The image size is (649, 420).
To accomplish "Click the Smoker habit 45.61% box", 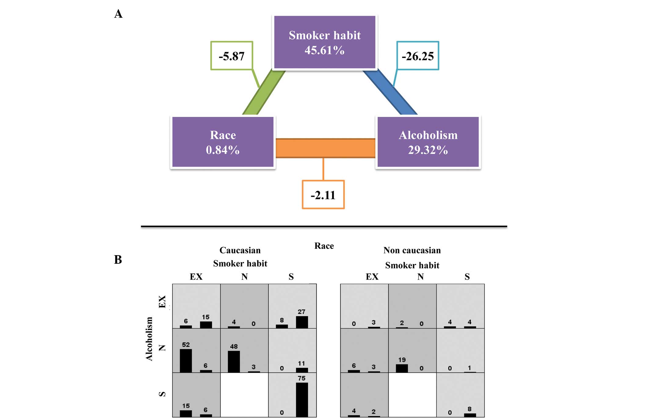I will [x=324, y=42].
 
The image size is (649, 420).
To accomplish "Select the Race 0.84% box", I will [x=223, y=142].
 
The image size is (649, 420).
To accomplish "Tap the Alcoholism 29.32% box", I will [x=428, y=142].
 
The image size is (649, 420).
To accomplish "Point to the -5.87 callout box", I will [x=232, y=56].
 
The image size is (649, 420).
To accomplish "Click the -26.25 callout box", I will [x=418, y=56].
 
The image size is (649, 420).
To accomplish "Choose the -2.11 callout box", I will [x=323, y=195].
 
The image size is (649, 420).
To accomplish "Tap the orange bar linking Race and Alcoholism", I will [x=325, y=148].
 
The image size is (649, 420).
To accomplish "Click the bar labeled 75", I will [x=302, y=400].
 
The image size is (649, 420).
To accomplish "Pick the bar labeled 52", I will [x=186, y=361].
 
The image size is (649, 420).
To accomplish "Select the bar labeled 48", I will [x=234, y=362].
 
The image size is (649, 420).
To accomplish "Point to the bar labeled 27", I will [x=302, y=322].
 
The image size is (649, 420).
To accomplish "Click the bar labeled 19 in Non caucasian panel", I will [x=402, y=368].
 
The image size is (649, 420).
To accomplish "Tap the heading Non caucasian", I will [x=412, y=250].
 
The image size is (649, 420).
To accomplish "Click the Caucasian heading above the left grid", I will [x=240, y=250].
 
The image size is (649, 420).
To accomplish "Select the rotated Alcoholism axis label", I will [x=149, y=339].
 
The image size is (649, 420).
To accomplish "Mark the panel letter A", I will [x=118, y=14].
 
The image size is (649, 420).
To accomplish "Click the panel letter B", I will [x=118, y=259].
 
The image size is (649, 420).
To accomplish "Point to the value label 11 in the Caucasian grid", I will [x=301, y=363].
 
